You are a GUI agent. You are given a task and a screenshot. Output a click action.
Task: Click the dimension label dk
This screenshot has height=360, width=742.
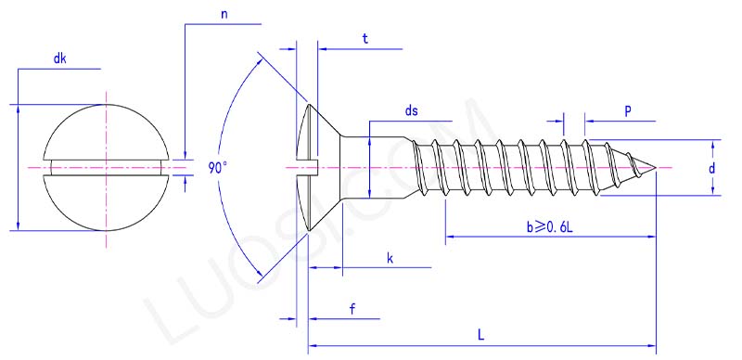click(x=59, y=58)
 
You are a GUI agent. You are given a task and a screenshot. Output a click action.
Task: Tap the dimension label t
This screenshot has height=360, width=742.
click(x=365, y=39)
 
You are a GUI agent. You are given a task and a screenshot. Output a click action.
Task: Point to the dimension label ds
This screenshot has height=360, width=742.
click(x=411, y=111)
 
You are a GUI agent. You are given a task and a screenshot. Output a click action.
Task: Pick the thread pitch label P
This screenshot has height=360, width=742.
click(x=628, y=110)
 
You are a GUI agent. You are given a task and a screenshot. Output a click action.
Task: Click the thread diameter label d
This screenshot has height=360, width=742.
click(x=712, y=168)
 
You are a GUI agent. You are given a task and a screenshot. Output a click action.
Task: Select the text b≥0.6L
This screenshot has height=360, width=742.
click(x=550, y=226)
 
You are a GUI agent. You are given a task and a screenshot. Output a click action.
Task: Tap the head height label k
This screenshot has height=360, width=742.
click(x=390, y=257)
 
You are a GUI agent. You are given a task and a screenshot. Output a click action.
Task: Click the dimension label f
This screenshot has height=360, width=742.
click(x=353, y=309)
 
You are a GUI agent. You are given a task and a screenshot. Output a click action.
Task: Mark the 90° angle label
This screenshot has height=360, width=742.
click(x=218, y=168)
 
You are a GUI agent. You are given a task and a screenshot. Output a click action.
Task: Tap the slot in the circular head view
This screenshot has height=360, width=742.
click(x=107, y=168)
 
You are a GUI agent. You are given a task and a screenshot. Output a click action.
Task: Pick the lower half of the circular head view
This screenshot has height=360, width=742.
click(x=107, y=209)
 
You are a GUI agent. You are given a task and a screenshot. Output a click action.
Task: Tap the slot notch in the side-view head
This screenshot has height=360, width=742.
click(x=308, y=168)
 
